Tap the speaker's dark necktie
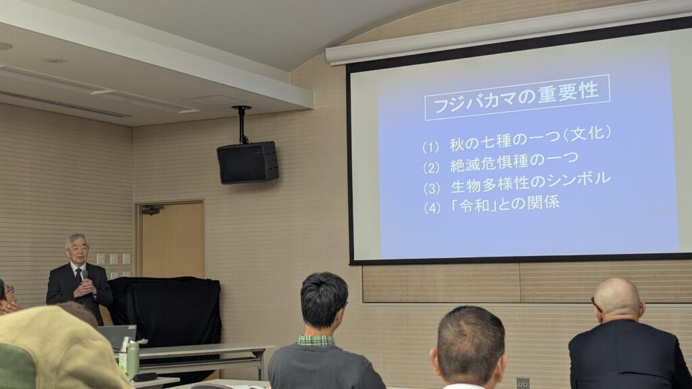pos(78,276)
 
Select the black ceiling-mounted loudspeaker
pos(247,162)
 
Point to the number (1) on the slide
pos(430,147)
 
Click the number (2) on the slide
pos(431,168)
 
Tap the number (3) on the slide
pos(432,189)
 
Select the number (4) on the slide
pos(432,208)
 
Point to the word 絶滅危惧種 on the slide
pos(489,163)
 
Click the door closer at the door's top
pos(152,210)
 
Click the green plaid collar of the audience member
pos(316,340)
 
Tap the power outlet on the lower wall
pos(523,383)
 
